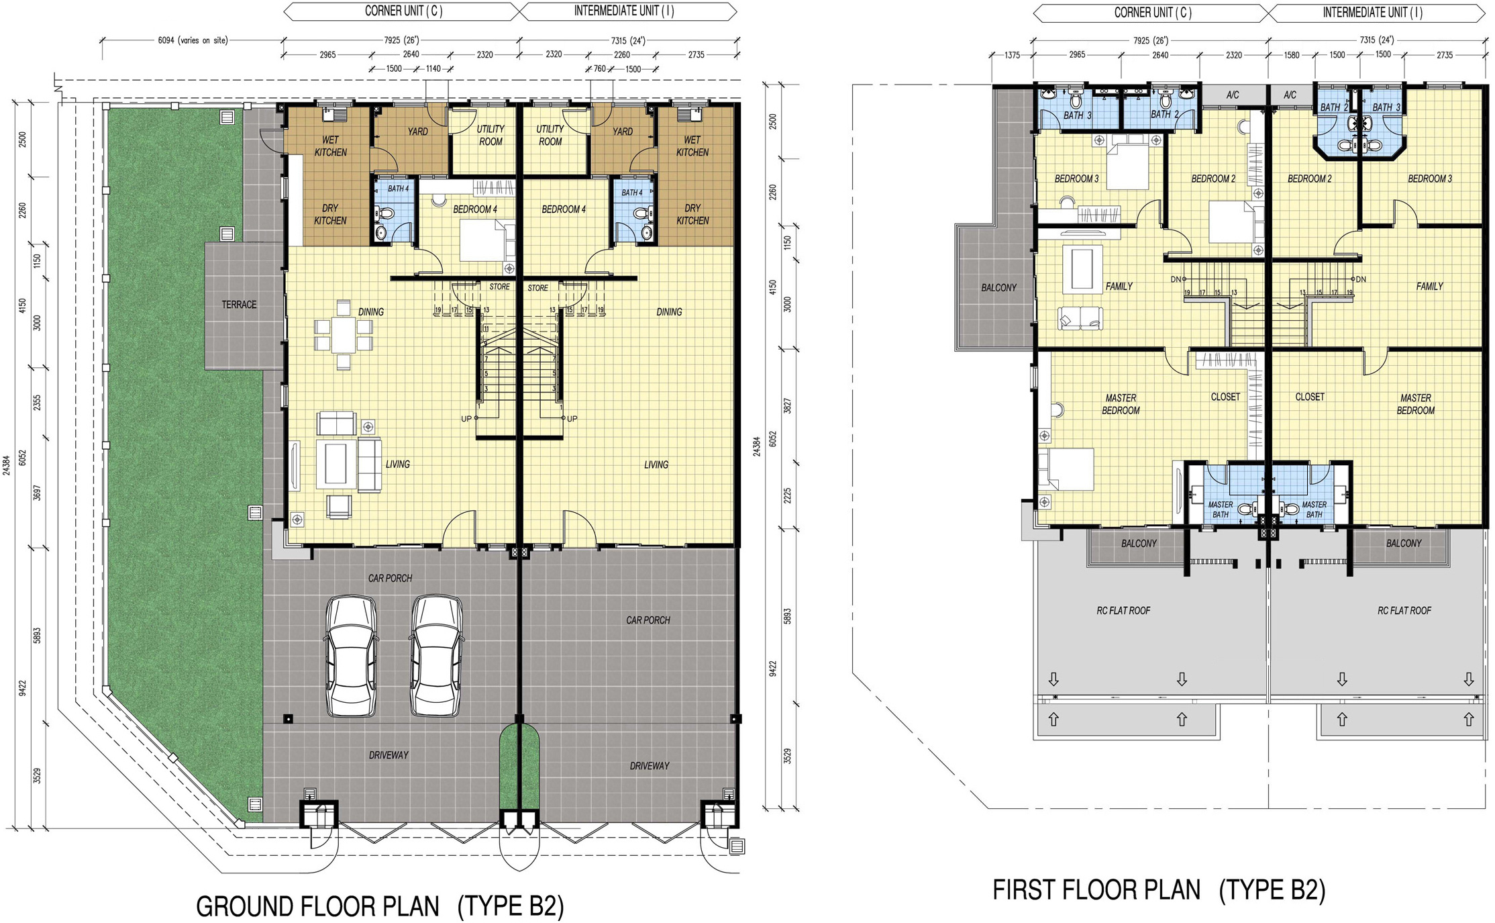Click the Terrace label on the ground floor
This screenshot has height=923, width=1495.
tap(239, 305)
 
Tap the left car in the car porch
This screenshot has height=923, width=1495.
tap(351, 655)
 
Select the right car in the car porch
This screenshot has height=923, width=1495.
tap(437, 655)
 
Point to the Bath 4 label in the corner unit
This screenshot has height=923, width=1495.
tap(398, 189)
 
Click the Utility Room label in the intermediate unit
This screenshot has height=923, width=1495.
tap(550, 135)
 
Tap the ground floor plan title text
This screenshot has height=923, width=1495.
tap(380, 906)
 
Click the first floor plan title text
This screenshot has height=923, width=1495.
tap(1159, 890)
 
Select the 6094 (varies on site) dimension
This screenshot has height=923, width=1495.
tap(193, 40)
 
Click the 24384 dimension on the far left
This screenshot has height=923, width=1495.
tap(7, 465)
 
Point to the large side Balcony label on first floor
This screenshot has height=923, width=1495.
tap(998, 288)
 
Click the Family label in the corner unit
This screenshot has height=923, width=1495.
tap(1119, 287)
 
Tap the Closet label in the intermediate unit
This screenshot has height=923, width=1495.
tap(1310, 397)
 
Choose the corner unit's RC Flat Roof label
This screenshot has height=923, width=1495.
tap(1123, 611)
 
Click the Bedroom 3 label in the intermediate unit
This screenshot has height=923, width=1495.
tap(1430, 179)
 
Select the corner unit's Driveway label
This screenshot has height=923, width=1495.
tap(389, 755)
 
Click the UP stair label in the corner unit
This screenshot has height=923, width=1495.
tap(466, 419)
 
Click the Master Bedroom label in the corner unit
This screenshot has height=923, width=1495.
tap(1121, 404)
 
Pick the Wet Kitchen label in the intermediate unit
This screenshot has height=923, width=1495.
tap(692, 146)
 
